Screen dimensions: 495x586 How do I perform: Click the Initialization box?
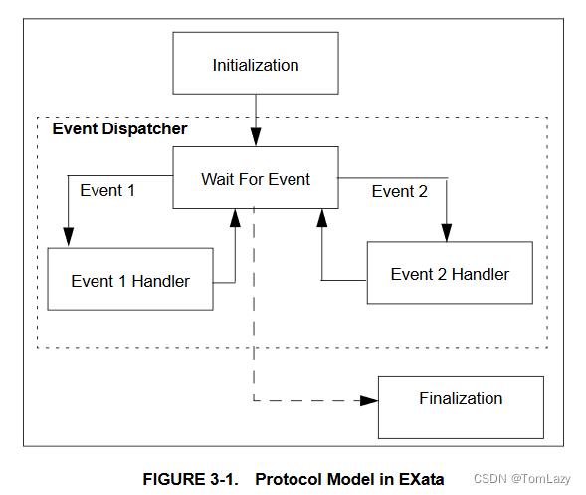(x=256, y=65)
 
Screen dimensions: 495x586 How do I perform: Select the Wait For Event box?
(x=256, y=179)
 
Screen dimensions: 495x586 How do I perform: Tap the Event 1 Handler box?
(x=129, y=280)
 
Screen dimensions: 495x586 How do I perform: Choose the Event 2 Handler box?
(x=450, y=274)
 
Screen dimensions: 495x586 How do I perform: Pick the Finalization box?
(x=461, y=399)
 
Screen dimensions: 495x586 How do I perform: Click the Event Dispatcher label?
(x=119, y=129)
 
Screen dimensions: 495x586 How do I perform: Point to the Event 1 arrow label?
(x=106, y=190)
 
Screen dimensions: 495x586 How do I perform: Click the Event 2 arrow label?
(x=400, y=191)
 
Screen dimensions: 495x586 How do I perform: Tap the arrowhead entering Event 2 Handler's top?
(x=447, y=235)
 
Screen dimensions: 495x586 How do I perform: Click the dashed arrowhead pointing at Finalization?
(x=370, y=400)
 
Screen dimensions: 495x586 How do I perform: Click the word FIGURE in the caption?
(x=175, y=478)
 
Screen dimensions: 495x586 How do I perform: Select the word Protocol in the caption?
(x=290, y=478)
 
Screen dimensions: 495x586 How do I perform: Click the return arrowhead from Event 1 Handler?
(x=236, y=216)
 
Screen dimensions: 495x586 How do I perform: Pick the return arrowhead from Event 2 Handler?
(x=321, y=216)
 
